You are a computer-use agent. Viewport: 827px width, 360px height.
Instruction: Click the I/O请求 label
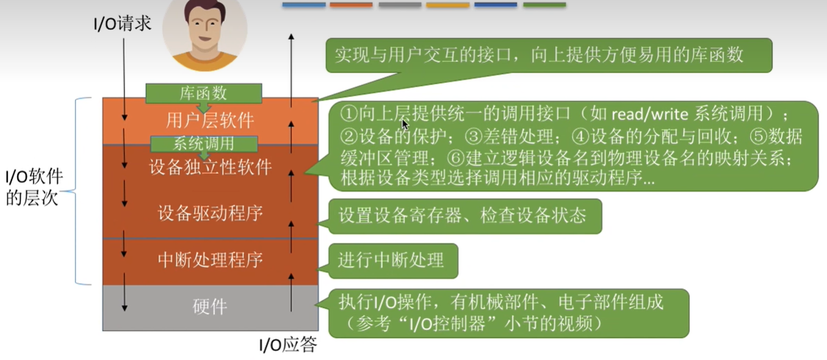click(123, 24)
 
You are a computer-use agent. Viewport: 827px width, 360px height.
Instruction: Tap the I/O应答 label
click(288, 345)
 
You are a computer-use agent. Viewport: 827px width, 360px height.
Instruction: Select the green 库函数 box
click(204, 93)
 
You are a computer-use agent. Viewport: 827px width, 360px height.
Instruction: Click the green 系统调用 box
click(204, 143)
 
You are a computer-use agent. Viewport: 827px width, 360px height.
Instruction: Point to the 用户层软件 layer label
click(210, 120)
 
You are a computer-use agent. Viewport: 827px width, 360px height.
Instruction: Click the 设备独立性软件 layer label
click(211, 167)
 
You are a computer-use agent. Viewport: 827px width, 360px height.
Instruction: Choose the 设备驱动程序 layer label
click(211, 214)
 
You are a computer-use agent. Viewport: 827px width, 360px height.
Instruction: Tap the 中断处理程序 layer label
click(211, 260)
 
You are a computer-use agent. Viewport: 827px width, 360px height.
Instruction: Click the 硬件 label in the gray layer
click(210, 306)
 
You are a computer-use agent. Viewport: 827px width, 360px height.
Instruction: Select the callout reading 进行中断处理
click(393, 261)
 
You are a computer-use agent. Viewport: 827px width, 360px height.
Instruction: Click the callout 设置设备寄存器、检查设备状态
click(465, 217)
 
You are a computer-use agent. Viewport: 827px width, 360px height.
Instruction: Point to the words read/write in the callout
click(650, 114)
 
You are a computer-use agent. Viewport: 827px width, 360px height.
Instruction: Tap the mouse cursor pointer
click(405, 124)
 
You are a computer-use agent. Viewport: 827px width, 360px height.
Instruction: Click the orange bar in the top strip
click(351, 5)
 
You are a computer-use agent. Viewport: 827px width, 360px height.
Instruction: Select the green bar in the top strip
click(544, 5)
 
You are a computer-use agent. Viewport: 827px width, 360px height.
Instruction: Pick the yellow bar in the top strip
click(447, 5)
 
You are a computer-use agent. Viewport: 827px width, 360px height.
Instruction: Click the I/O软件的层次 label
click(34, 187)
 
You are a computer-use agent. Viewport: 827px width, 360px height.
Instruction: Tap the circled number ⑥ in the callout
click(455, 159)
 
